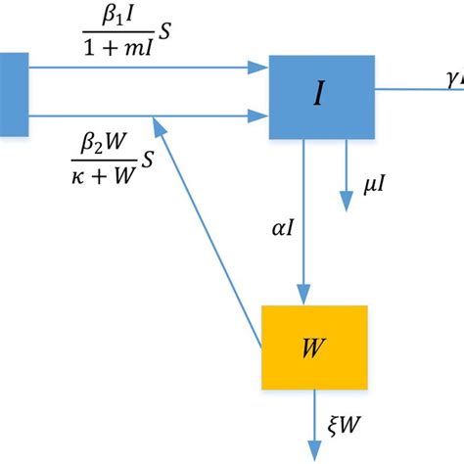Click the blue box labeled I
321,95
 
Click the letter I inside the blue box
320,95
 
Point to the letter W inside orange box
312,346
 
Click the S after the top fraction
166,32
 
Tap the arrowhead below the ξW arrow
314,451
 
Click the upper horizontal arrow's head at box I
259,69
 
